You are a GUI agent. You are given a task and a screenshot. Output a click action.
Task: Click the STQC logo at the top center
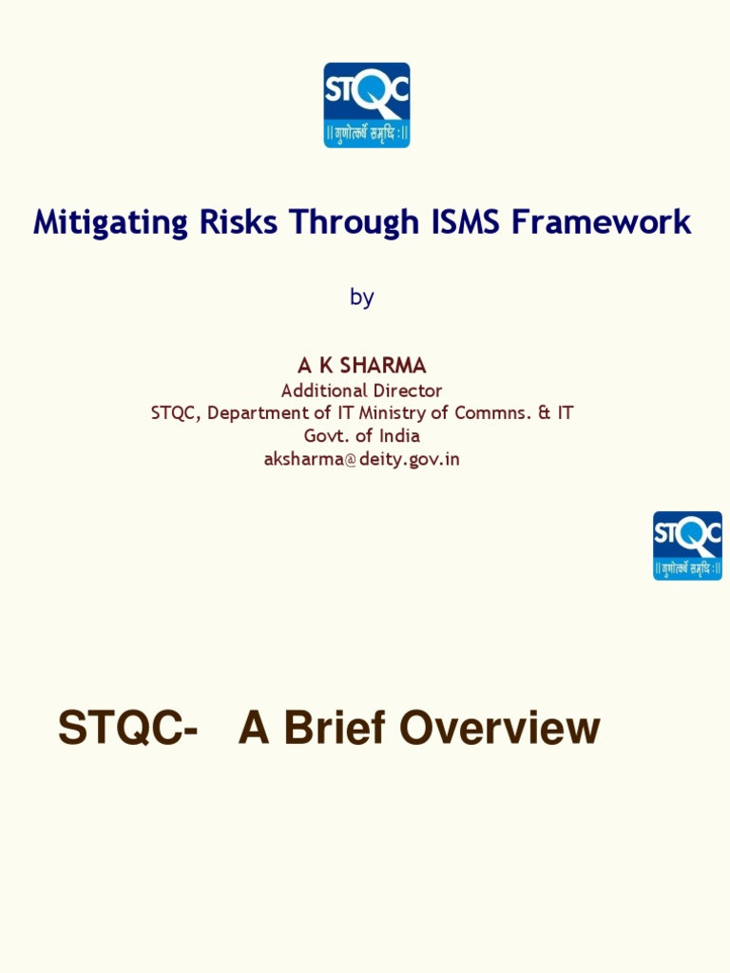pyautogui.click(x=366, y=105)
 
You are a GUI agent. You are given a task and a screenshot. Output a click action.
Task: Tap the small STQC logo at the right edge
pyautogui.click(x=687, y=545)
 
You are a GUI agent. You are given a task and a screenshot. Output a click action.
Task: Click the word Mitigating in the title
pyautogui.click(x=111, y=223)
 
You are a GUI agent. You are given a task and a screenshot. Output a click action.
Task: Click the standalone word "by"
pyautogui.click(x=361, y=297)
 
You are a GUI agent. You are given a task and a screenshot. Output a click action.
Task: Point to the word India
pyautogui.click(x=399, y=436)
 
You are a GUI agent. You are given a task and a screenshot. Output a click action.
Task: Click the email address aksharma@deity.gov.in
pyautogui.click(x=361, y=459)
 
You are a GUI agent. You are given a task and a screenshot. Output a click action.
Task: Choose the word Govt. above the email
pyautogui.click(x=326, y=436)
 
